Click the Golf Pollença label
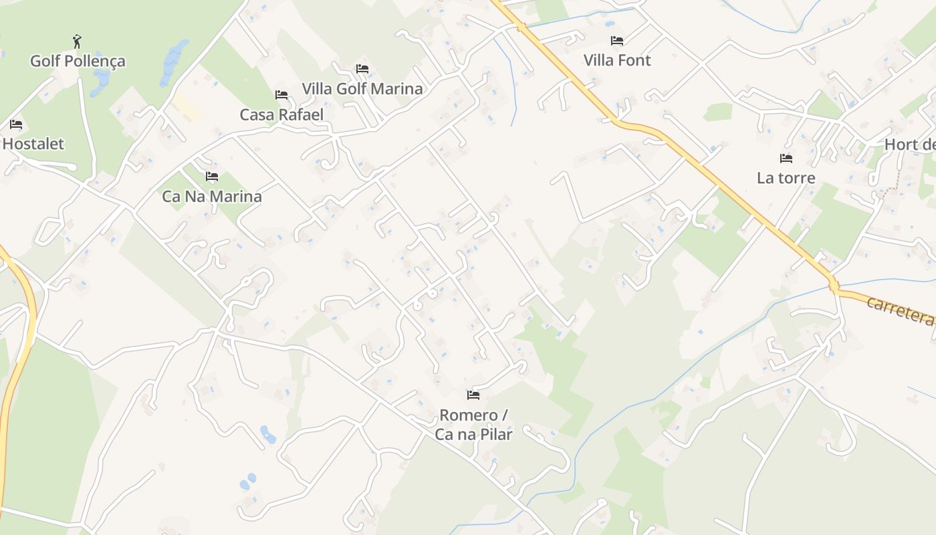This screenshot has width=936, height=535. (78, 62)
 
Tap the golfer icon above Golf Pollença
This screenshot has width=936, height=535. (78, 41)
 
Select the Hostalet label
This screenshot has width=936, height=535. (33, 144)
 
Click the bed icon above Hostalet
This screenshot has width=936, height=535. (16, 124)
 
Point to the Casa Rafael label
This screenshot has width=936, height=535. (281, 114)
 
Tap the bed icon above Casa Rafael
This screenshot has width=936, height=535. (281, 95)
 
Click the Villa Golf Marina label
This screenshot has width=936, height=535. (362, 89)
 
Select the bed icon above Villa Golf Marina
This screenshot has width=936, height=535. (362, 69)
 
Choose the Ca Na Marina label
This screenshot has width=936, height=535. (212, 197)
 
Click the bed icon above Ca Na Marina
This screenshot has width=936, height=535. (212, 177)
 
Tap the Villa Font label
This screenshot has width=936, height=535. (617, 60)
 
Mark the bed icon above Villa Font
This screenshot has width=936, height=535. (617, 41)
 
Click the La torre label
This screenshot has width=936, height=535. (786, 178)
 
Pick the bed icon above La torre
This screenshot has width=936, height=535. (786, 158)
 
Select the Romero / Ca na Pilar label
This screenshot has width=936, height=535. (473, 425)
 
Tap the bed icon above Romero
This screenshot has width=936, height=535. (473, 395)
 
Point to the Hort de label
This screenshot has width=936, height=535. (910, 144)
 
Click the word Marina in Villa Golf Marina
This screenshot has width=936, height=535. (398, 89)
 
